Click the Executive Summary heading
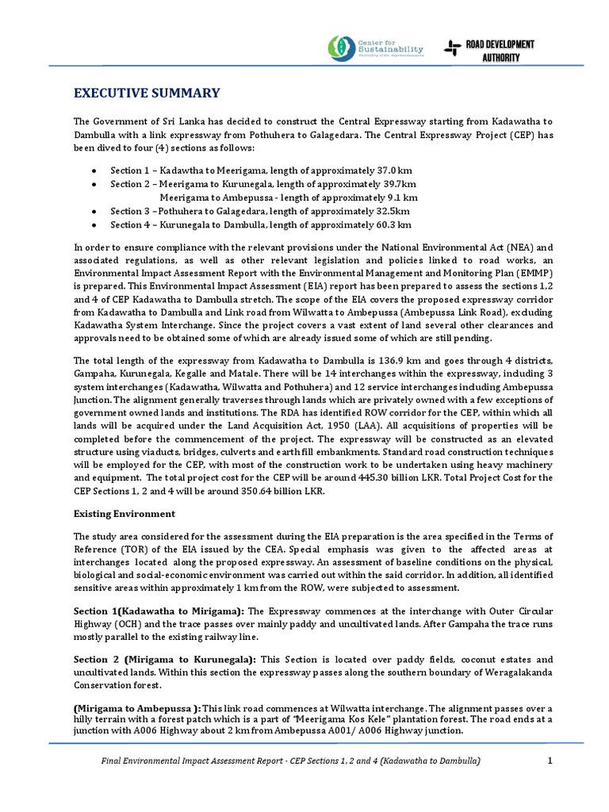click(147, 94)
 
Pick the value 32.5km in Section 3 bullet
click(393, 211)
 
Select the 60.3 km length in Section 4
click(394, 224)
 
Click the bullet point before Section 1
click(94, 171)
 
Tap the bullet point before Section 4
click(94, 225)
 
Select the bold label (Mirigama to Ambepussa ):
click(136, 708)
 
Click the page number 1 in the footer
click(550, 761)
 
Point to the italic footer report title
click(290, 761)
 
